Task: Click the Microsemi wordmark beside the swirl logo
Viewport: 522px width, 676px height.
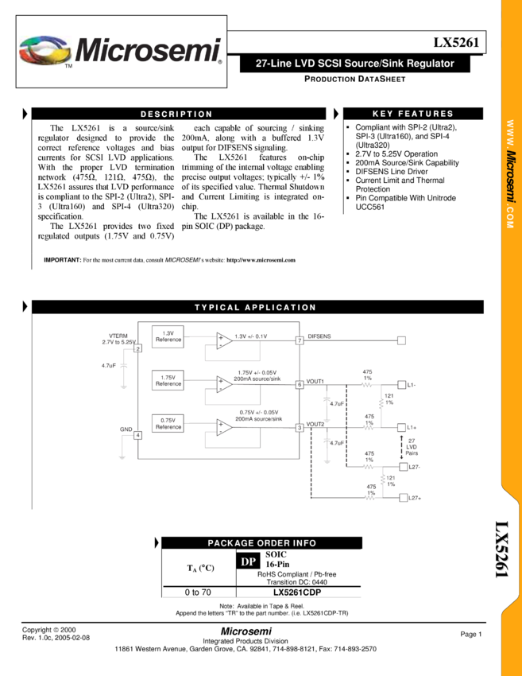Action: pos(148,50)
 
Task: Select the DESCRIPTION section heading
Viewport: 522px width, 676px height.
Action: pos(176,114)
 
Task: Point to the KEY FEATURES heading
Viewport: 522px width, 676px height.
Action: pos(412,114)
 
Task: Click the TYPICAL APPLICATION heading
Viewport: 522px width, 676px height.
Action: pos(255,307)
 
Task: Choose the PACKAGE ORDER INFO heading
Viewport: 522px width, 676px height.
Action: pos(261,543)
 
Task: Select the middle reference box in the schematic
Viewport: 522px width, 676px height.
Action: pos(168,379)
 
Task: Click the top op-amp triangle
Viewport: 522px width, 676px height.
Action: pos(224,340)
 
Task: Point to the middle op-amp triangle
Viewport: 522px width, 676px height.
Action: pos(224,384)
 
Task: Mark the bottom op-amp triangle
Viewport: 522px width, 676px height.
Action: pos(224,428)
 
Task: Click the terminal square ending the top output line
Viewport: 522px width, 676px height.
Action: pos(401,340)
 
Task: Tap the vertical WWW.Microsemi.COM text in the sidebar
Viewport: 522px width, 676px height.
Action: pos(511,176)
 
